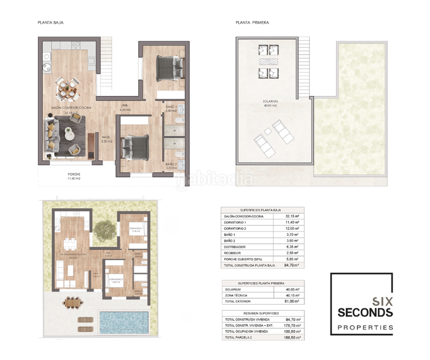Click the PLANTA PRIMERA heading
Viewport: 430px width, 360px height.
252,23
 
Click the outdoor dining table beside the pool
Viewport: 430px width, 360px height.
73,302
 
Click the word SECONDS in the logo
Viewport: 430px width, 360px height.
365,313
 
